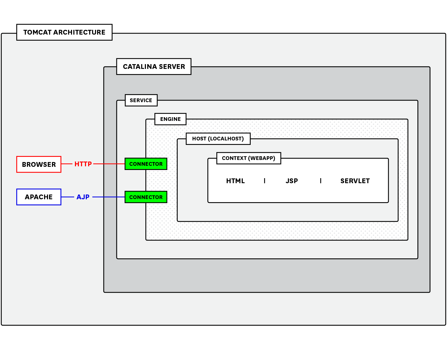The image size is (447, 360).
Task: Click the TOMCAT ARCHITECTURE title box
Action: (64, 32)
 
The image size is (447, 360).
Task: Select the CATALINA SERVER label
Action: (154, 67)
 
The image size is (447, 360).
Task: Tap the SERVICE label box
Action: (141, 100)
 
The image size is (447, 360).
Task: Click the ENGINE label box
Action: (170, 119)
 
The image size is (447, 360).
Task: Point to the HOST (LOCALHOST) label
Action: (218, 139)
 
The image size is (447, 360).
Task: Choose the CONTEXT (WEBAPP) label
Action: (248, 158)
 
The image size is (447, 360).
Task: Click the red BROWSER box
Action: (39, 164)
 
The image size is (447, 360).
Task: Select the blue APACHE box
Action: (39, 197)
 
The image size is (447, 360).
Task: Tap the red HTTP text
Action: (83, 164)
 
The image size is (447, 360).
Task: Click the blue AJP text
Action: (83, 197)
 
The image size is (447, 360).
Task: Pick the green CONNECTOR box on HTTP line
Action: (146, 164)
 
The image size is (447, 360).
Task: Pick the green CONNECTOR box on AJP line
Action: (146, 197)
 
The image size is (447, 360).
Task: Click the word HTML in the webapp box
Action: (235, 181)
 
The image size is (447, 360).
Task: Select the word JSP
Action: (292, 181)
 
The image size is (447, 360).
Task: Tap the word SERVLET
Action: (355, 181)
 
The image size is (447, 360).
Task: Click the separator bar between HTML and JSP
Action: (264, 181)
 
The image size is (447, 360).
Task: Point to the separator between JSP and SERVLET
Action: (321, 181)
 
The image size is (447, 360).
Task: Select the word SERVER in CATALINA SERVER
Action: (172, 67)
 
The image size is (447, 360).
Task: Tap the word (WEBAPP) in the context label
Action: (261, 158)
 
